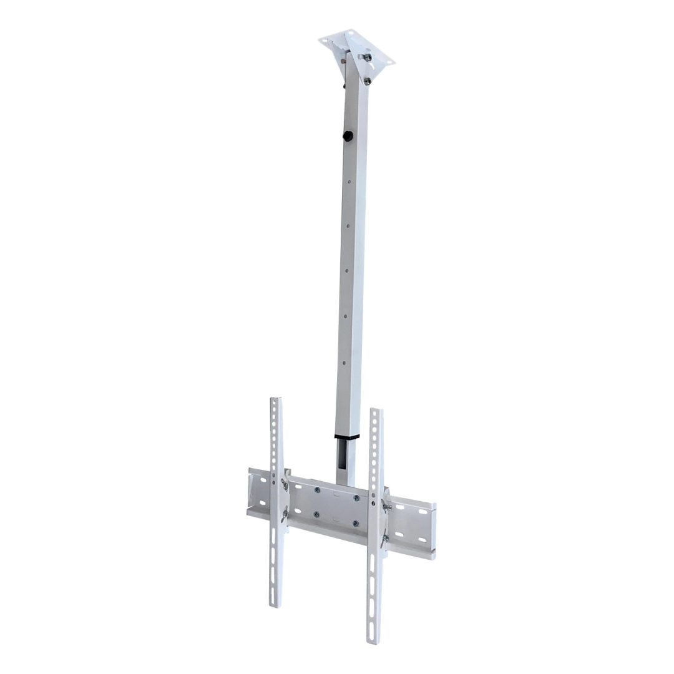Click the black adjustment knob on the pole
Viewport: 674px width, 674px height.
[x=348, y=135]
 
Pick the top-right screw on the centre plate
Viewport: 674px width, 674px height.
[x=356, y=498]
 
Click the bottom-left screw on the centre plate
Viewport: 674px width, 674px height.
[x=316, y=514]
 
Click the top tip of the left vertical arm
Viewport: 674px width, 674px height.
[x=276, y=399]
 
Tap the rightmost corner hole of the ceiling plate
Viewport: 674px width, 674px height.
[x=390, y=61]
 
